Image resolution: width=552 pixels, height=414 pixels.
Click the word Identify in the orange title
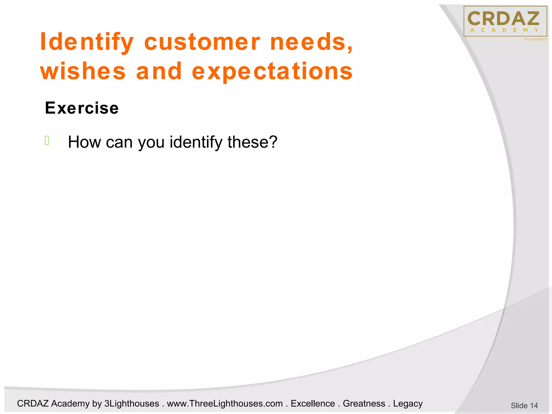click(87, 42)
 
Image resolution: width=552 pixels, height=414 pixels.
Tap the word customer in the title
click(202, 42)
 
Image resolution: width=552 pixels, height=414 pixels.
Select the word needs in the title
click(311, 42)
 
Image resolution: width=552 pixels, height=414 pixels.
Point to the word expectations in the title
click(272, 71)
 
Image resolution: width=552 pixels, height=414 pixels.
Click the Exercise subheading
click(82, 108)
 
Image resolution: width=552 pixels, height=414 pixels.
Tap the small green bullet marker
click(47, 141)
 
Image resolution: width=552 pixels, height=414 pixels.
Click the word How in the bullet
click(84, 142)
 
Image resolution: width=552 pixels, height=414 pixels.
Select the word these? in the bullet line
click(252, 142)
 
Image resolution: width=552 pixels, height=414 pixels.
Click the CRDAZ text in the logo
click(503, 19)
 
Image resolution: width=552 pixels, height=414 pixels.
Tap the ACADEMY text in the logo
click(504, 30)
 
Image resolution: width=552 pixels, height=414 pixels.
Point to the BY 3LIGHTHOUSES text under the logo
click(536, 39)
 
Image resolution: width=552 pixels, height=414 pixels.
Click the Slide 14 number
click(524, 405)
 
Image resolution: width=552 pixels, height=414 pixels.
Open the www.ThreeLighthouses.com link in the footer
click(225, 403)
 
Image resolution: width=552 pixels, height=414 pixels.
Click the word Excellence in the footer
click(313, 403)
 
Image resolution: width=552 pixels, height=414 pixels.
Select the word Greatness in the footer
click(364, 403)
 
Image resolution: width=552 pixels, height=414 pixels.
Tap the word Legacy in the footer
click(408, 403)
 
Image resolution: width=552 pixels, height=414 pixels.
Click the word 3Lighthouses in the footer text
click(132, 403)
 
